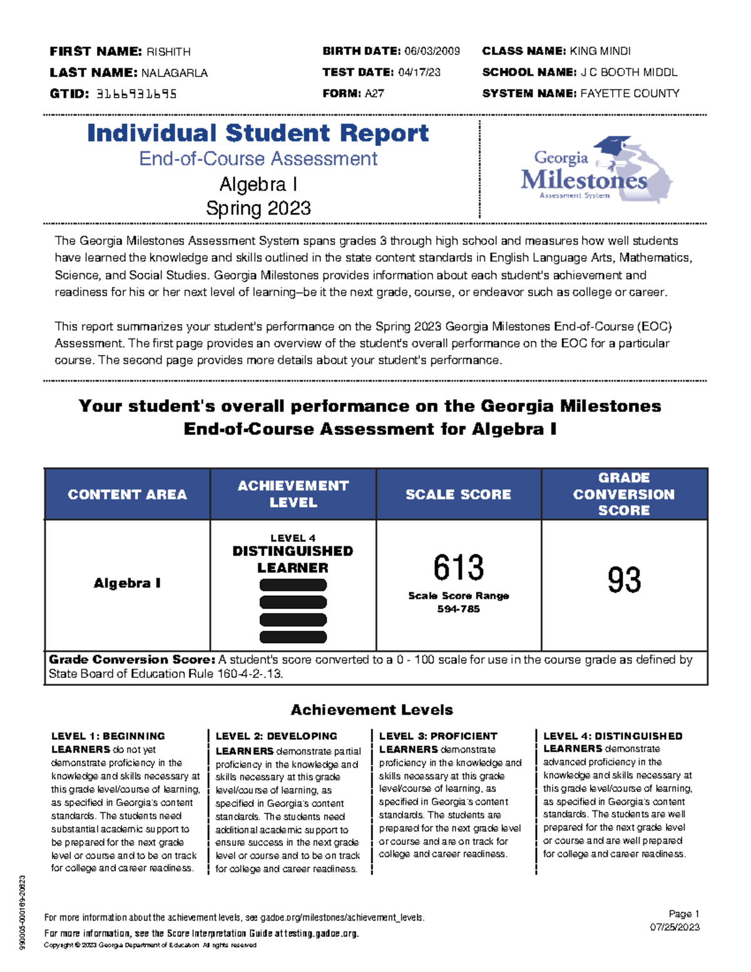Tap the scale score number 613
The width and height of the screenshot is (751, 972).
point(458,568)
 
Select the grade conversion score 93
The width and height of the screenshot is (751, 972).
point(624,580)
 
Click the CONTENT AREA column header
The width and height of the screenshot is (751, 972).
point(127,494)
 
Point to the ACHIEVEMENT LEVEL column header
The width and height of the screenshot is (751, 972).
point(293,494)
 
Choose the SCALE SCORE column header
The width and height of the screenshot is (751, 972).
point(458,494)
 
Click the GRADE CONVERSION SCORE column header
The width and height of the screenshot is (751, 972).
point(624,494)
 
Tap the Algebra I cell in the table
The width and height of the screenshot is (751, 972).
point(127,583)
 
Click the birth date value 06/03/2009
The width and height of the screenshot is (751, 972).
point(432,51)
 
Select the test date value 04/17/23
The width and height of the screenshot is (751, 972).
point(419,73)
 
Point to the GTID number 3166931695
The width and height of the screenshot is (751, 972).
point(136,94)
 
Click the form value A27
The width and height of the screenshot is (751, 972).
point(374,94)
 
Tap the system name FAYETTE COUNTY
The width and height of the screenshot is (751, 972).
point(630,94)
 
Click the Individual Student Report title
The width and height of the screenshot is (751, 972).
point(258,133)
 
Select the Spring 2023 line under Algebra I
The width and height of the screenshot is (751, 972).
point(258,208)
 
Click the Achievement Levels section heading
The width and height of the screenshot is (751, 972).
point(372,710)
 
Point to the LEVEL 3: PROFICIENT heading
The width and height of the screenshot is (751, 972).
point(438,736)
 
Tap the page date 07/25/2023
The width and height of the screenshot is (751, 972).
point(675,927)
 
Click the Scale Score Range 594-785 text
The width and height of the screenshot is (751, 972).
point(458,602)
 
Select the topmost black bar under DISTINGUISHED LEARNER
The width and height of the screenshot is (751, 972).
point(293,585)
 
